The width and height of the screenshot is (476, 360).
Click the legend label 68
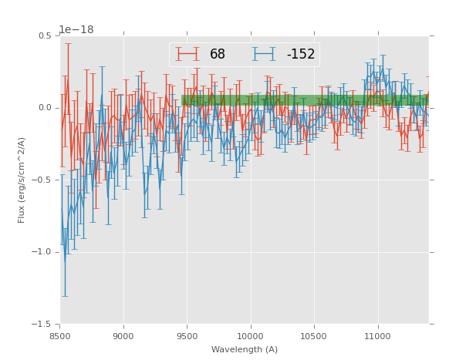click(x=218, y=55)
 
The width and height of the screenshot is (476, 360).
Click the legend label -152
click(x=301, y=55)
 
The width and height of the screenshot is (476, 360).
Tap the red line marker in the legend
click(x=187, y=54)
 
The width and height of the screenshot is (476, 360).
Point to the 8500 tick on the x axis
click(x=60, y=335)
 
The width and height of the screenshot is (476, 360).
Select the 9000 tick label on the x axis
click(x=123, y=335)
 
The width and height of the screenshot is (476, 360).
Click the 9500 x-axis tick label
click(x=187, y=335)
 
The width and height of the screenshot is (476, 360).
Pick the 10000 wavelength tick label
click(x=251, y=335)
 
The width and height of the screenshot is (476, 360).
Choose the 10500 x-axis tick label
click(x=314, y=335)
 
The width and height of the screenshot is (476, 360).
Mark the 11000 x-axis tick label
click(x=377, y=335)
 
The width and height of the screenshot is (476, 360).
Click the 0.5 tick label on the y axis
click(x=44, y=35)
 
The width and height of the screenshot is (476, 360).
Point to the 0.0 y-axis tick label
click(x=44, y=108)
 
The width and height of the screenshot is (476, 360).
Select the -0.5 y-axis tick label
click(x=42, y=180)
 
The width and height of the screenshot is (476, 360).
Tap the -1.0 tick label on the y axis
click(x=42, y=252)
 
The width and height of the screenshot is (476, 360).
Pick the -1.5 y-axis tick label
click(x=42, y=325)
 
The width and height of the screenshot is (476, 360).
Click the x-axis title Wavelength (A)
click(x=244, y=349)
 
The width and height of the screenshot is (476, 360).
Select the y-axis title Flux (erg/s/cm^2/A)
click(x=22, y=180)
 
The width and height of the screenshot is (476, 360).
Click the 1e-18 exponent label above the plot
click(x=76, y=29)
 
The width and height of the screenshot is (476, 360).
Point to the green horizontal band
click(x=305, y=100)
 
